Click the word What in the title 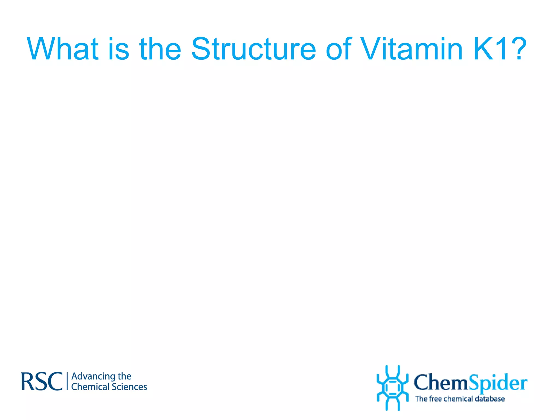click(x=62, y=49)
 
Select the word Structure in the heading click(x=253, y=49)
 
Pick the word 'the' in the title click(x=160, y=49)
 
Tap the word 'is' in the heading click(x=118, y=49)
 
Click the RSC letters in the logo click(x=42, y=381)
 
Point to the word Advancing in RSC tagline click(x=93, y=377)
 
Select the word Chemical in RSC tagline click(x=90, y=387)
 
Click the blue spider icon click(x=392, y=388)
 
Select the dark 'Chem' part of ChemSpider click(x=441, y=383)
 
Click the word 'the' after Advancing click(x=124, y=376)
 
